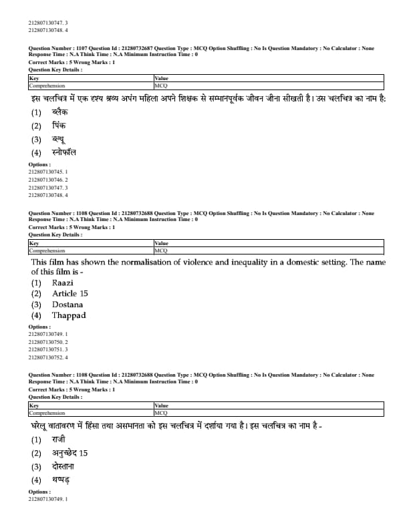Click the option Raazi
[x=62, y=283]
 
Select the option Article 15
[x=70, y=293]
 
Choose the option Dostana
[x=67, y=305]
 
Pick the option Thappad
[x=69, y=315]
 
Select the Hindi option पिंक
[x=59, y=126]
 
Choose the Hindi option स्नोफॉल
[x=63, y=152]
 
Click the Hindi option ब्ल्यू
[x=59, y=139]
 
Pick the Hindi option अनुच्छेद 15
[x=70, y=453]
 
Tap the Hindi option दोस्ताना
[x=65, y=466]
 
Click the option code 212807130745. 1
[x=48, y=172]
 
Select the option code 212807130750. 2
[x=48, y=341]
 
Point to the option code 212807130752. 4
[x=48, y=357]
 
